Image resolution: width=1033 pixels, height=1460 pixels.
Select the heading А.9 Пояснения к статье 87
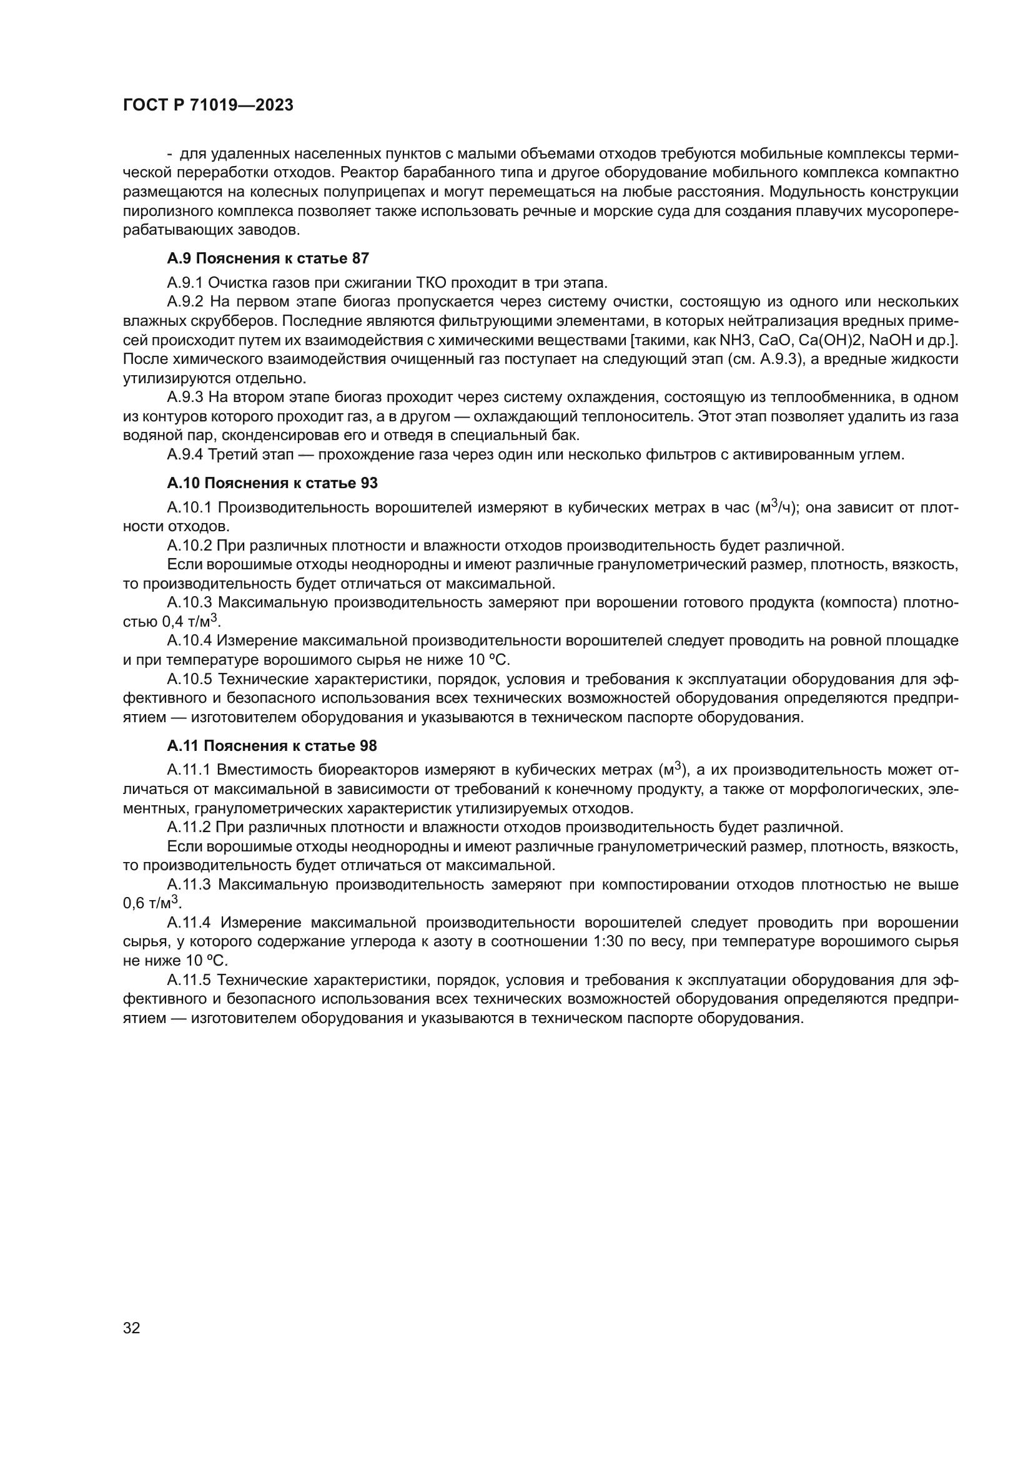click(x=268, y=258)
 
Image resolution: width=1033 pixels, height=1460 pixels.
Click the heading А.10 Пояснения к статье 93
click(x=272, y=483)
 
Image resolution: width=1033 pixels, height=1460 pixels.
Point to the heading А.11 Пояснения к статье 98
click(x=272, y=745)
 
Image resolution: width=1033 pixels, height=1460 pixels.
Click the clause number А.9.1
click(x=185, y=282)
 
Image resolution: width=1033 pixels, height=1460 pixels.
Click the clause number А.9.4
click(x=185, y=454)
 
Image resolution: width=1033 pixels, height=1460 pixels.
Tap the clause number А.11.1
click(x=188, y=770)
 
